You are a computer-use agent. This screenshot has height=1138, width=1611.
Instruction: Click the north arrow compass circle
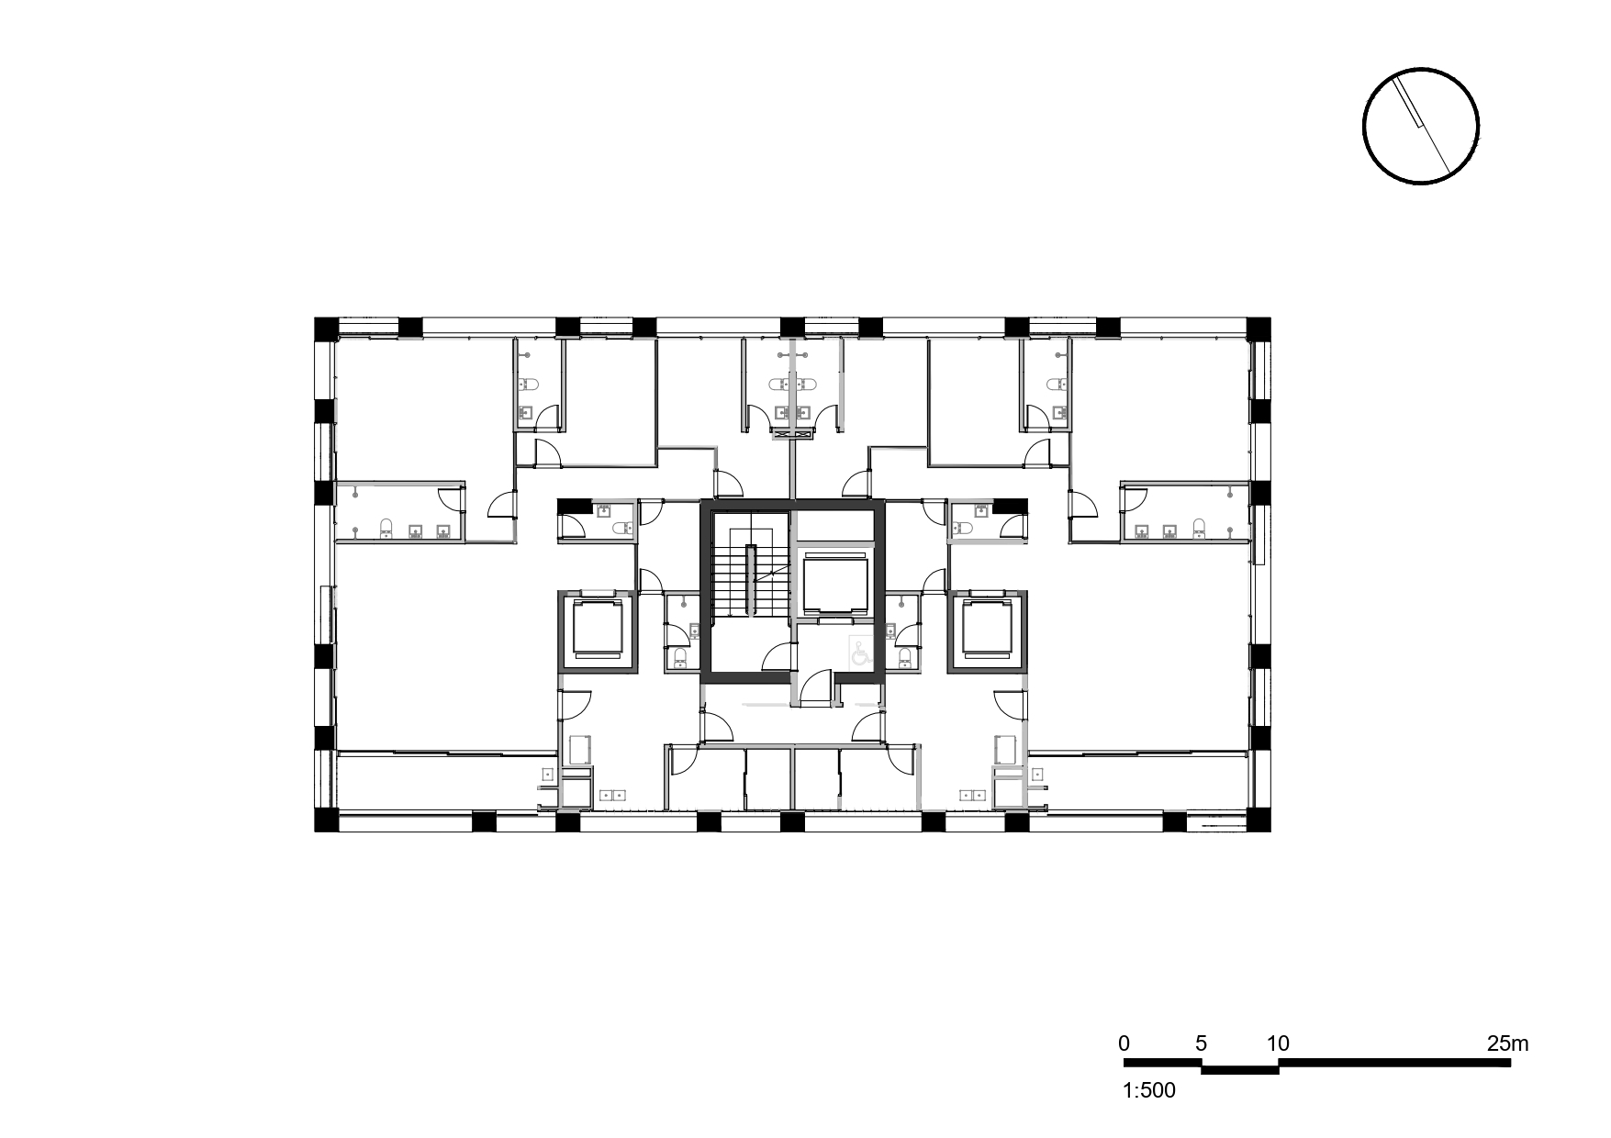(1420, 126)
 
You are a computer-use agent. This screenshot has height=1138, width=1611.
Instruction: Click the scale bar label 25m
(1507, 1043)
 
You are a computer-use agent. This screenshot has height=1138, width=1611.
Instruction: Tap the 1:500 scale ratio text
(1148, 1091)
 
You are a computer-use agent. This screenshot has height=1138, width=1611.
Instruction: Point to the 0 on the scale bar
(1124, 1043)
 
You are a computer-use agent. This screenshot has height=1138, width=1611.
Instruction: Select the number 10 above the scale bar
(1278, 1043)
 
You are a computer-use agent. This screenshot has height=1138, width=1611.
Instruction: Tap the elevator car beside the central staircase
(833, 584)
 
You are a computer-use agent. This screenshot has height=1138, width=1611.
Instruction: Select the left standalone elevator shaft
(598, 633)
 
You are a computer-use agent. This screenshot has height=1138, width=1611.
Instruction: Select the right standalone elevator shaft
(986, 633)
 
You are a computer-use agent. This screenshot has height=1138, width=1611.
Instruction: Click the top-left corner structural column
(327, 329)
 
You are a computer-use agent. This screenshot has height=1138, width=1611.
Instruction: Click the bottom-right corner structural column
(1259, 820)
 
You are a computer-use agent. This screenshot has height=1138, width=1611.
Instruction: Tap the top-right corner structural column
(1259, 329)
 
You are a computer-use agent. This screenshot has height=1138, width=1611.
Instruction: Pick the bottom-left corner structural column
(327, 820)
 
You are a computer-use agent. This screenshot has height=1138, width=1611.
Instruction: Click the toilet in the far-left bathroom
(386, 528)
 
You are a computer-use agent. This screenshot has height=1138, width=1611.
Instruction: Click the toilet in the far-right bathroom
(1199, 528)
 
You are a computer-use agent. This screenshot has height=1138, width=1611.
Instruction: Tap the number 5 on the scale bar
(1201, 1043)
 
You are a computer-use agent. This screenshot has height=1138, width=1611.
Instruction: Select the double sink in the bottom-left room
(610, 795)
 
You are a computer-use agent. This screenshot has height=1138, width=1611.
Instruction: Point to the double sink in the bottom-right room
(971, 795)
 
